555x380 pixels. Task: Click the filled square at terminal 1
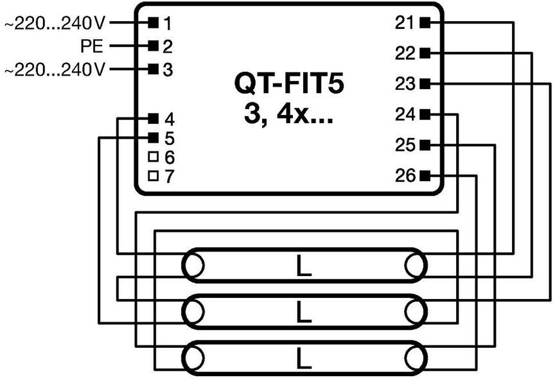tap(154, 23)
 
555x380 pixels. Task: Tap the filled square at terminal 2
tap(154, 46)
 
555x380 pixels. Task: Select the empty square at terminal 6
tap(154, 157)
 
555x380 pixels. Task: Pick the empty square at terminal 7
tap(154, 175)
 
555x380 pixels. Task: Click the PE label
tap(92, 46)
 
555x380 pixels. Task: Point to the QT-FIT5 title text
tap(289, 84)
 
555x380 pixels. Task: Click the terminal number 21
tap(405, 23)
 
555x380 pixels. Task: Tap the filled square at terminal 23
tap(425, 84)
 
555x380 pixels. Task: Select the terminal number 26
tap(405, 175)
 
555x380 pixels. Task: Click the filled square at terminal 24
tap(425, 114)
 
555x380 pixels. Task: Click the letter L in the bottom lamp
tap(303, 358)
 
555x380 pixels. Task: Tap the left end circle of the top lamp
tap(193, 265)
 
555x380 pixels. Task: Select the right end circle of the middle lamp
tap(416, 312)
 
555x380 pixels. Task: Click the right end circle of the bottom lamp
tap(416, 358)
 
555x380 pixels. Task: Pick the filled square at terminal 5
tap(154, 137)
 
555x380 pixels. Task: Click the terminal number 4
tap(170, 119)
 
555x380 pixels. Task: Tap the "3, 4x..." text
tap(288, 115)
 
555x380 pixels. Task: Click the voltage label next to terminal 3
tap(55, 70)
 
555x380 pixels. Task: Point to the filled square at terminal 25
tap(425, 144)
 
